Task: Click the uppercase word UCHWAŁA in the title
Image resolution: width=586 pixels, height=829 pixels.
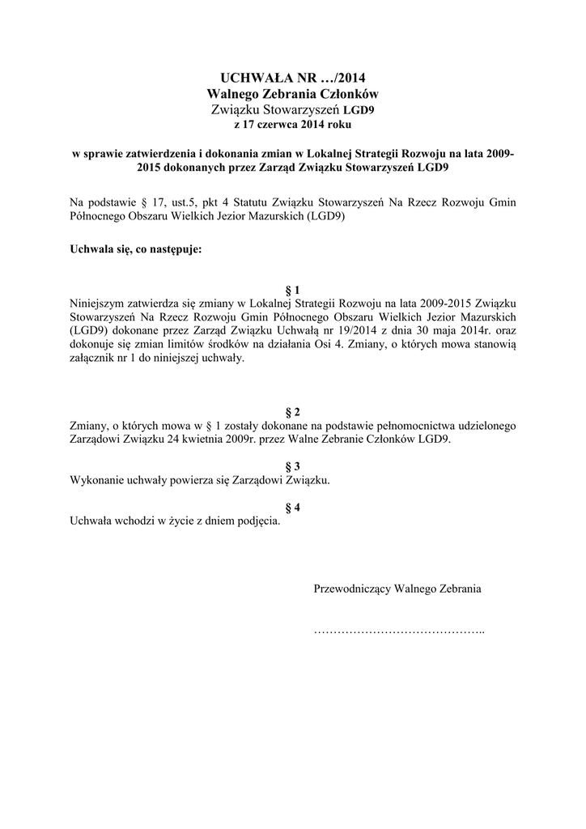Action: coord(248,78)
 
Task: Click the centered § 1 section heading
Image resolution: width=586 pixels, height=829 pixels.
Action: coord(293,290)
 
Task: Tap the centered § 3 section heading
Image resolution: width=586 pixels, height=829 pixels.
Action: coord(293,466)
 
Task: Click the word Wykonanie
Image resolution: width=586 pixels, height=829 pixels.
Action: coord(98,480)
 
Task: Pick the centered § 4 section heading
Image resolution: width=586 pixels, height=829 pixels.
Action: coord(293,508)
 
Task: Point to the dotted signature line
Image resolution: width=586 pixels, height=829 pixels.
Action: coord(398,630)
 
